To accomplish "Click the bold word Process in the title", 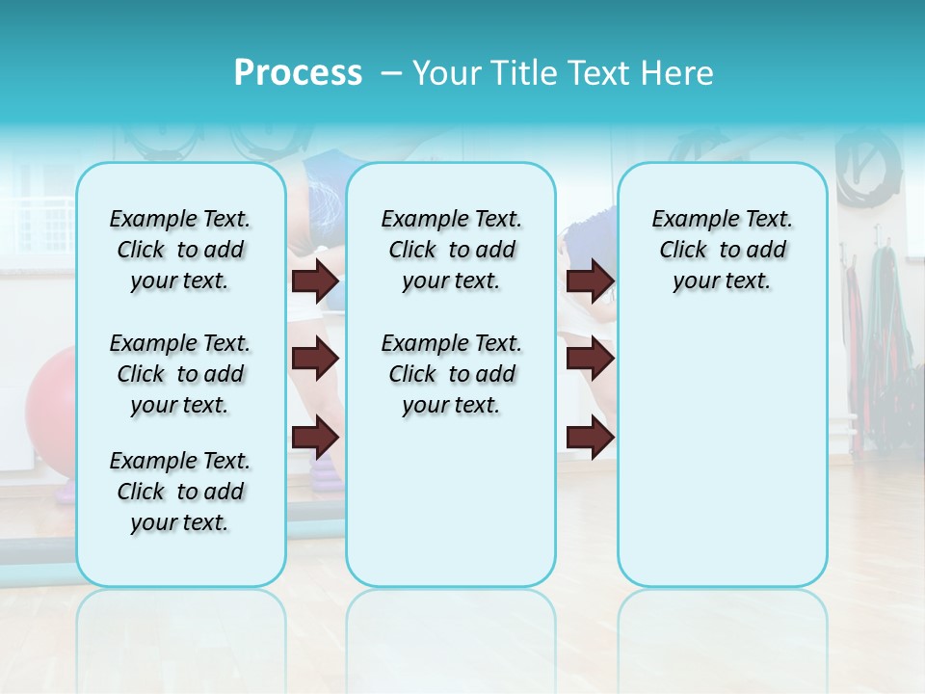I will click(x=298, y=73).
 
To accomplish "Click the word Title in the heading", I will click(x=521, y=73).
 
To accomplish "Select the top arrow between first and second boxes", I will click(x=315, y=280).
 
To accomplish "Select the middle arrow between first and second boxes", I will click(x=315, y=359).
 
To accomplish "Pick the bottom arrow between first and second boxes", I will click(x=315, y=437).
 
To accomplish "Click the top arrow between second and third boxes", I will click(x=590, y=280).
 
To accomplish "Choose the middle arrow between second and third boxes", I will click(x=590, y=359).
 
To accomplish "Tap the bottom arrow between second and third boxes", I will click(x=590, y=437).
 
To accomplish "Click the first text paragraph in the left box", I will click(x=180, y=250).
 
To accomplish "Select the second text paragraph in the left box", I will click(x=180, y=374).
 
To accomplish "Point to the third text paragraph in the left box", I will click(x=180, y=492).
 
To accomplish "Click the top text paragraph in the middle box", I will click(x=451, y=250).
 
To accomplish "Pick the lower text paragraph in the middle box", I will click(x=451, y=374).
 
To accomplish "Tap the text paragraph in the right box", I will click(x=722, y=250).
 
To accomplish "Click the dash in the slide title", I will click(x=391, y=73).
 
